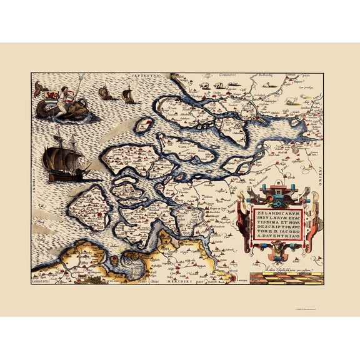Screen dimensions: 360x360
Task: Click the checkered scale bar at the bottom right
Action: point(285,276)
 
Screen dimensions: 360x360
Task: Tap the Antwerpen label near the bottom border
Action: point(238,280)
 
